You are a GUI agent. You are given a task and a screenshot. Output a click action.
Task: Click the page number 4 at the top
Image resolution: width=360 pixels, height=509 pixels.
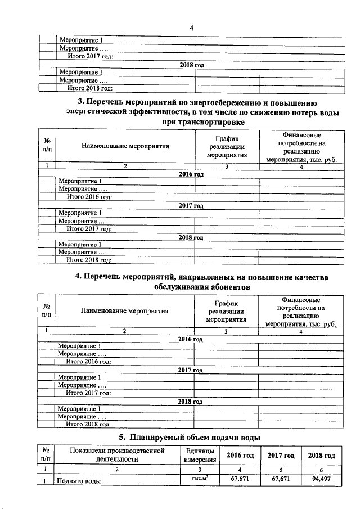pyautogui.click(x=191, y=28)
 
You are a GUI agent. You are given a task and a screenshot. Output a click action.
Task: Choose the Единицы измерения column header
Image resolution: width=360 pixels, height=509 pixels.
pyautogui.click(x=198, y=455)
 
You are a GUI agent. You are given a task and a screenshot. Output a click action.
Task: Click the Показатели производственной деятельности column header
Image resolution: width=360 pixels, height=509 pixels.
pyautogui.click(x=117, y=455)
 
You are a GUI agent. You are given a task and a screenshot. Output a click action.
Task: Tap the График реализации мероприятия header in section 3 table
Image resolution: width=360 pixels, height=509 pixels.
pyautogui.click(x=227, y=147)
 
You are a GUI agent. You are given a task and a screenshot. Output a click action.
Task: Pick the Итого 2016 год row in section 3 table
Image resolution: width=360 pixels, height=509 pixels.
pyautogui.click(x=89, y=197)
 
